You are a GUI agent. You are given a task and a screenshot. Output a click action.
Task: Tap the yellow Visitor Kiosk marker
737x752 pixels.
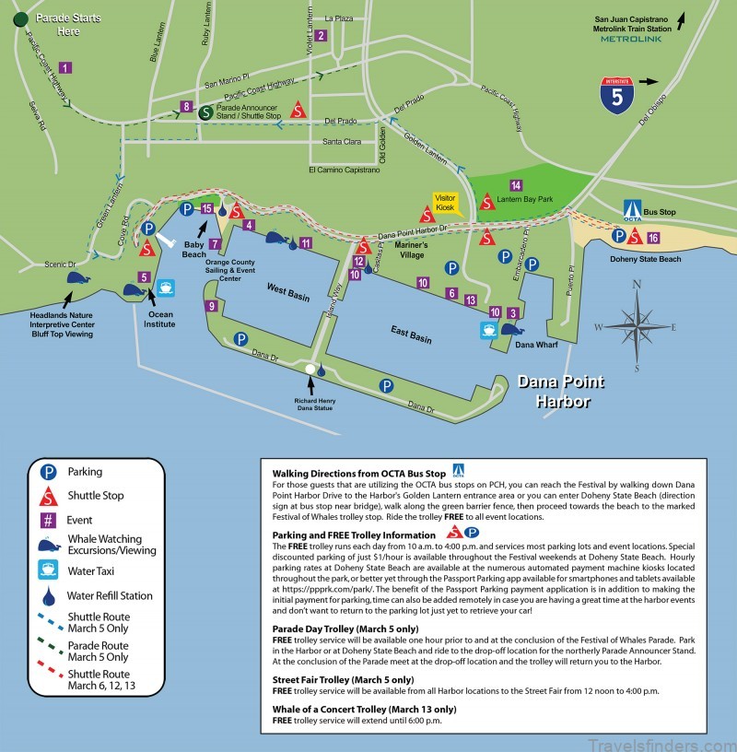click(x=446, y=204)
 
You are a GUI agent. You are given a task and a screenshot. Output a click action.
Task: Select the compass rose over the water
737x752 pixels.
click(x=637, y=326)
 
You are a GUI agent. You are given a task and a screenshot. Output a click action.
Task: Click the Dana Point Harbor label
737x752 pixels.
click(x=553, y=390)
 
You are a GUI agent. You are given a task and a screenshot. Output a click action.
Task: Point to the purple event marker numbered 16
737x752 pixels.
click(x=652, y=238)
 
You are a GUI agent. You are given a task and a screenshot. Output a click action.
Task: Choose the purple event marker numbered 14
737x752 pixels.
click(x=516, y=185)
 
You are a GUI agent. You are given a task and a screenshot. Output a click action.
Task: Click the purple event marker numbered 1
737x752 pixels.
click(x=64, y=66)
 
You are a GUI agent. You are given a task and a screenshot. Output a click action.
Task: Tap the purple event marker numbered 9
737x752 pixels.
click(x=212, y=306)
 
